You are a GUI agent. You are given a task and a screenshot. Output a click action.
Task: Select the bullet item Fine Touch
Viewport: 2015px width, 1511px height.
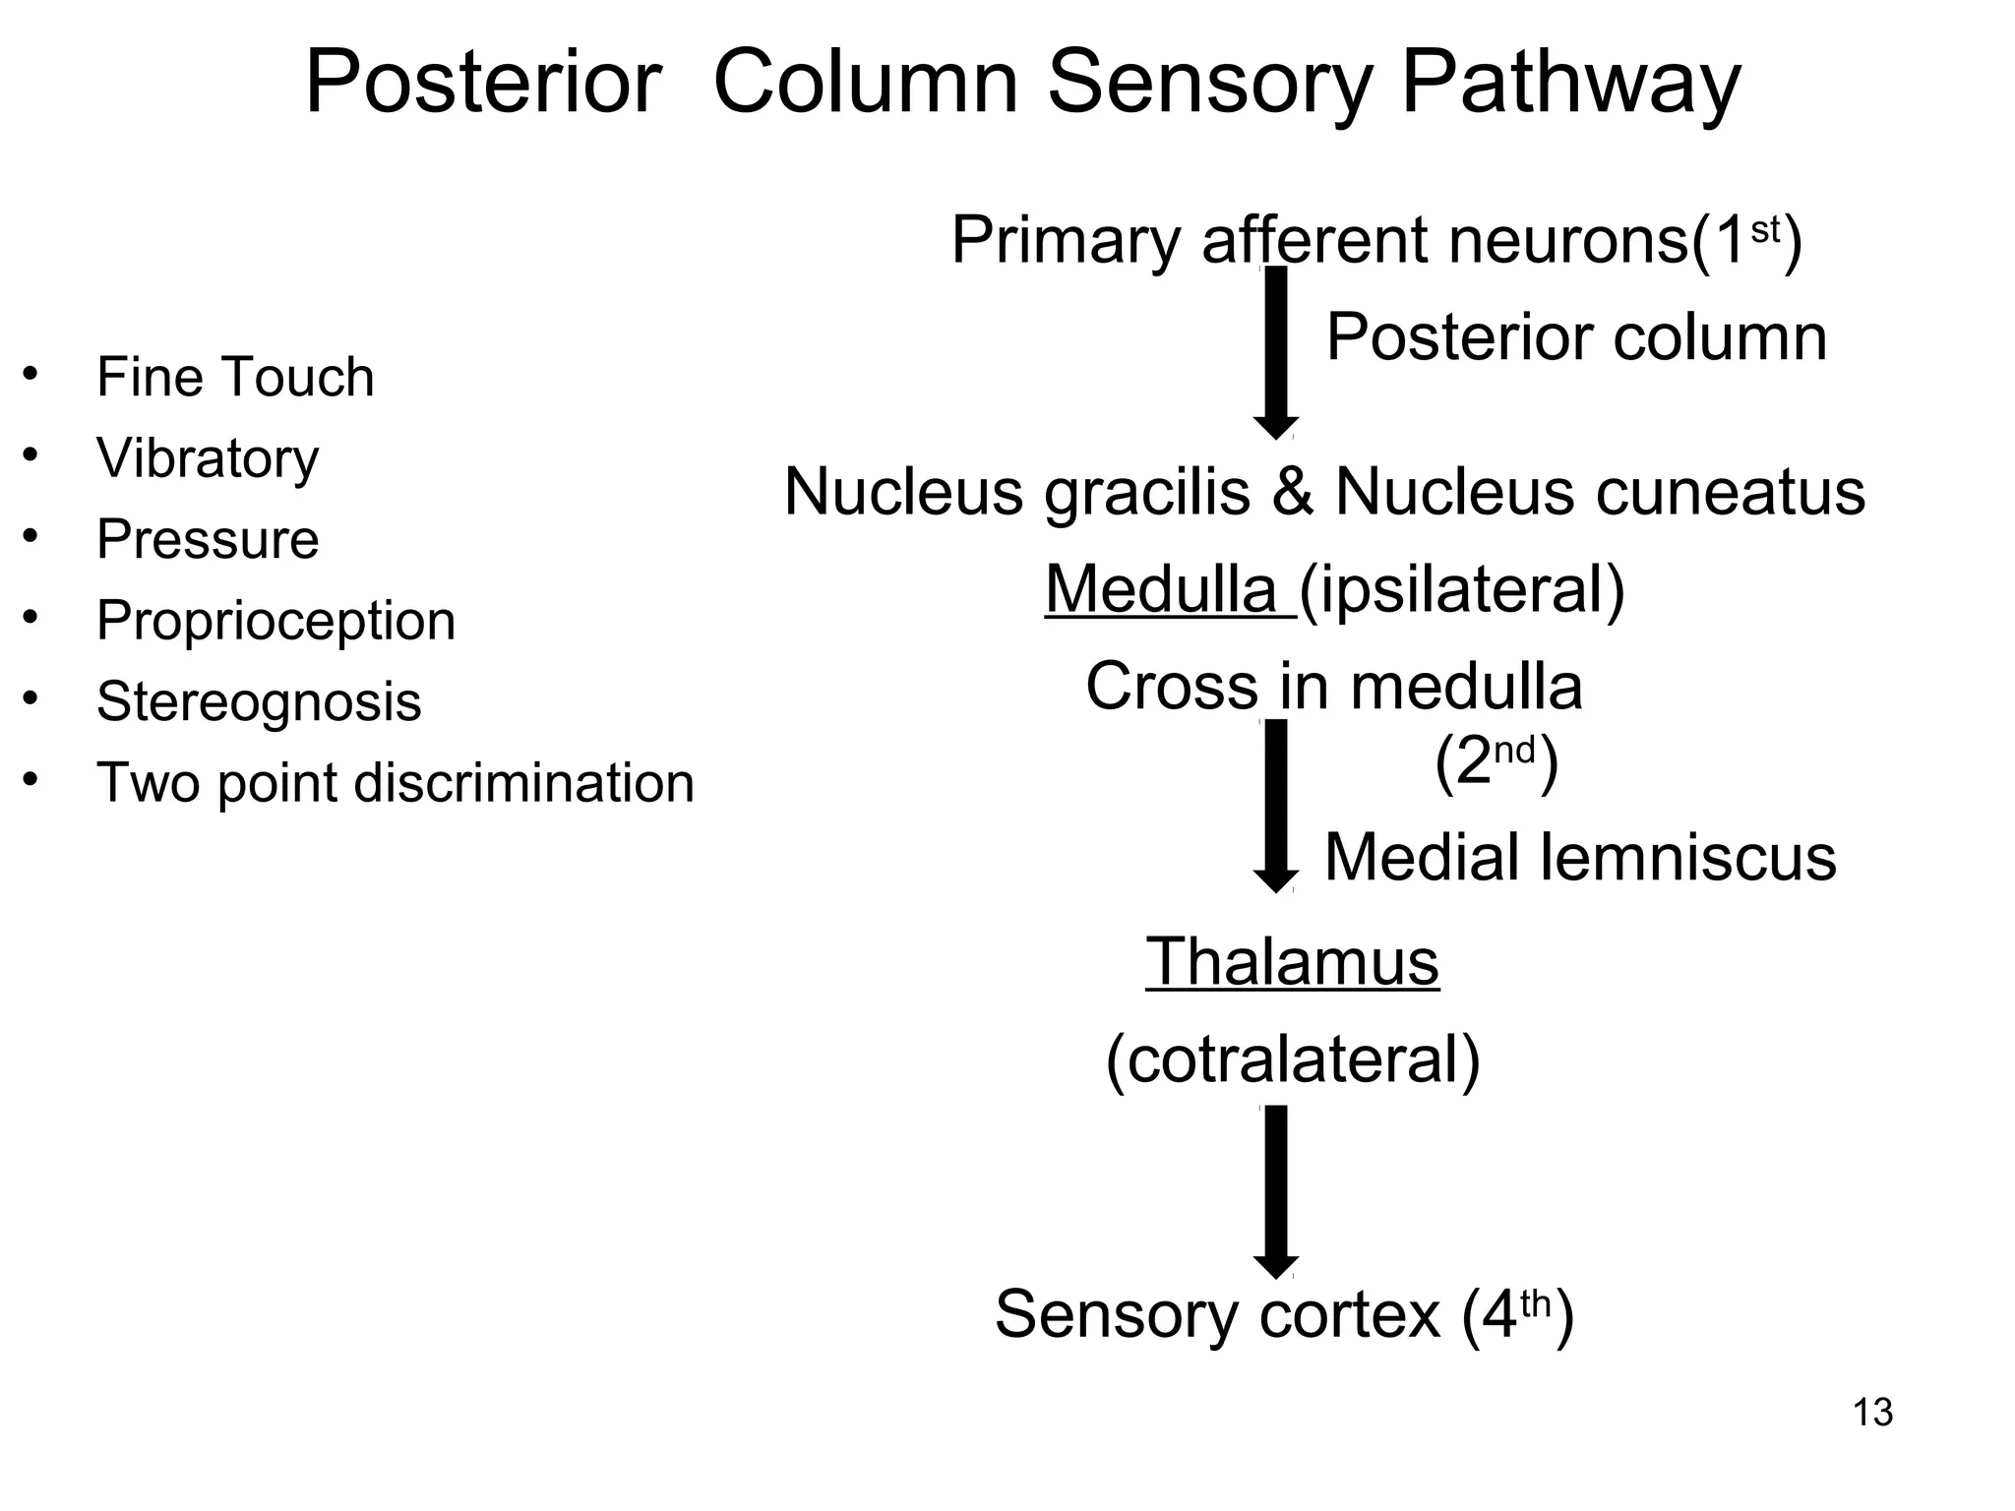click(x=235, y=378)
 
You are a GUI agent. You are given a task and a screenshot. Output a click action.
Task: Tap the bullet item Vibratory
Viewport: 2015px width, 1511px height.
click(x=208, y=458)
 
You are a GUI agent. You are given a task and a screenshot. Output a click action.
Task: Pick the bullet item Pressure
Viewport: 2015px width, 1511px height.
click(x=208, y=539)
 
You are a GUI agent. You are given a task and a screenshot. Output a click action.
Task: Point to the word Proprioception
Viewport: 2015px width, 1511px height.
click(x=275, y=621)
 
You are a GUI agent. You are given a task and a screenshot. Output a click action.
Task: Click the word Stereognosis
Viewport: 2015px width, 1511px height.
click(x=259, y=701)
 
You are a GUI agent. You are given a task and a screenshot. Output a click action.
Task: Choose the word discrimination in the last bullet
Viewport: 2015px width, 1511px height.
click(x=523, y=783)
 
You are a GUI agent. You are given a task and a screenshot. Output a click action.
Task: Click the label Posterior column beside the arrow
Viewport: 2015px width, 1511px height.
click(x=1576, y=337)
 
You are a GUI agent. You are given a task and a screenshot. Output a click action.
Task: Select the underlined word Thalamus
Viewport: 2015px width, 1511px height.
click(x=1293, y=961)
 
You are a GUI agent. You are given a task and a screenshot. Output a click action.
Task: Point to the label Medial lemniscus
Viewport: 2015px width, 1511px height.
click(x=1580, y=857)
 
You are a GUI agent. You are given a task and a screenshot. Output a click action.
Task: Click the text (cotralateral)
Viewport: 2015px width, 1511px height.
click(x=1293, y=1059)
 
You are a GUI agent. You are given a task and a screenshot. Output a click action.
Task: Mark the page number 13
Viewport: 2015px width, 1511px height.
click(x=1872, y=1413)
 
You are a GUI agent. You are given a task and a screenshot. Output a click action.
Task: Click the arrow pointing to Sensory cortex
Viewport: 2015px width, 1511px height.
click(x=1276, y=1190)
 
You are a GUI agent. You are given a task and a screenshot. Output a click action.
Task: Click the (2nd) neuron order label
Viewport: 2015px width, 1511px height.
click(x=1496, y=761)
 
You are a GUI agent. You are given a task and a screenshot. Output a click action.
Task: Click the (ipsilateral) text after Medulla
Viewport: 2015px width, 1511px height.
click(x=1463, y=590)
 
